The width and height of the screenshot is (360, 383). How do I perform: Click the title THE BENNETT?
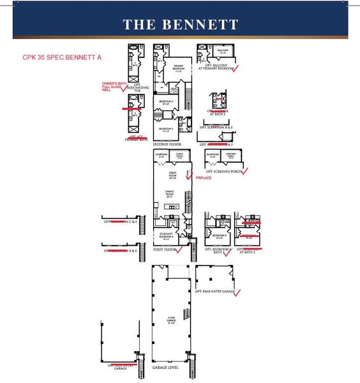[180, 25]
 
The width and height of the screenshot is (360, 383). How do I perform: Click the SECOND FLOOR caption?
[165, 144]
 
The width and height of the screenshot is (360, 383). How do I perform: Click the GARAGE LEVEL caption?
[169, 368]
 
